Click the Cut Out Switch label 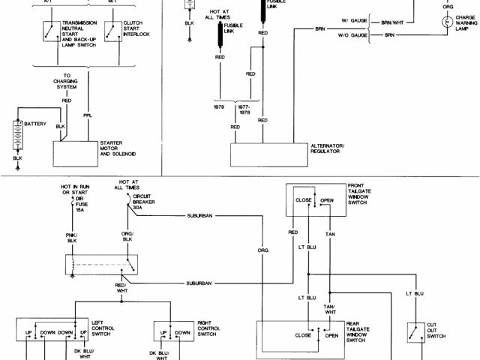point(436,331)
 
